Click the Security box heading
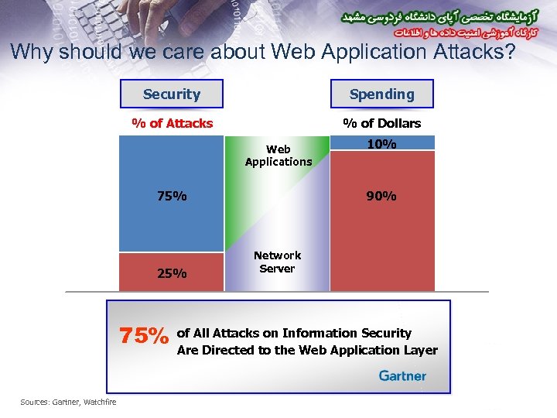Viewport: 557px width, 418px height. [172, 94]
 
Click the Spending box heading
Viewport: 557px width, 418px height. [381, 94]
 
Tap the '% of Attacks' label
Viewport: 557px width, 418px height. [172, 123]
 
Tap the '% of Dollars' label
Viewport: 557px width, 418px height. [381, 123]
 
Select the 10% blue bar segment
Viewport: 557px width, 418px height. [382, 143]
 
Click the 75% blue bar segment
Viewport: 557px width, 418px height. [172, 194]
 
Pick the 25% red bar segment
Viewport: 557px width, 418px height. [172, 272]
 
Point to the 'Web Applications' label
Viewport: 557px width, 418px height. [278, 156]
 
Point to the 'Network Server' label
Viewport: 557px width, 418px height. [277, 262]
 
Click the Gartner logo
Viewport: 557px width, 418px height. [402, 375]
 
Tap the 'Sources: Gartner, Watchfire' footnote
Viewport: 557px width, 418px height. [68, 401]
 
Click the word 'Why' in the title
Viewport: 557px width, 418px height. [31, 53]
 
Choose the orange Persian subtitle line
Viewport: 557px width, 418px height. [464, 34]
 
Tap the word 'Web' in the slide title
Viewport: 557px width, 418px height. [288, 53]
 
